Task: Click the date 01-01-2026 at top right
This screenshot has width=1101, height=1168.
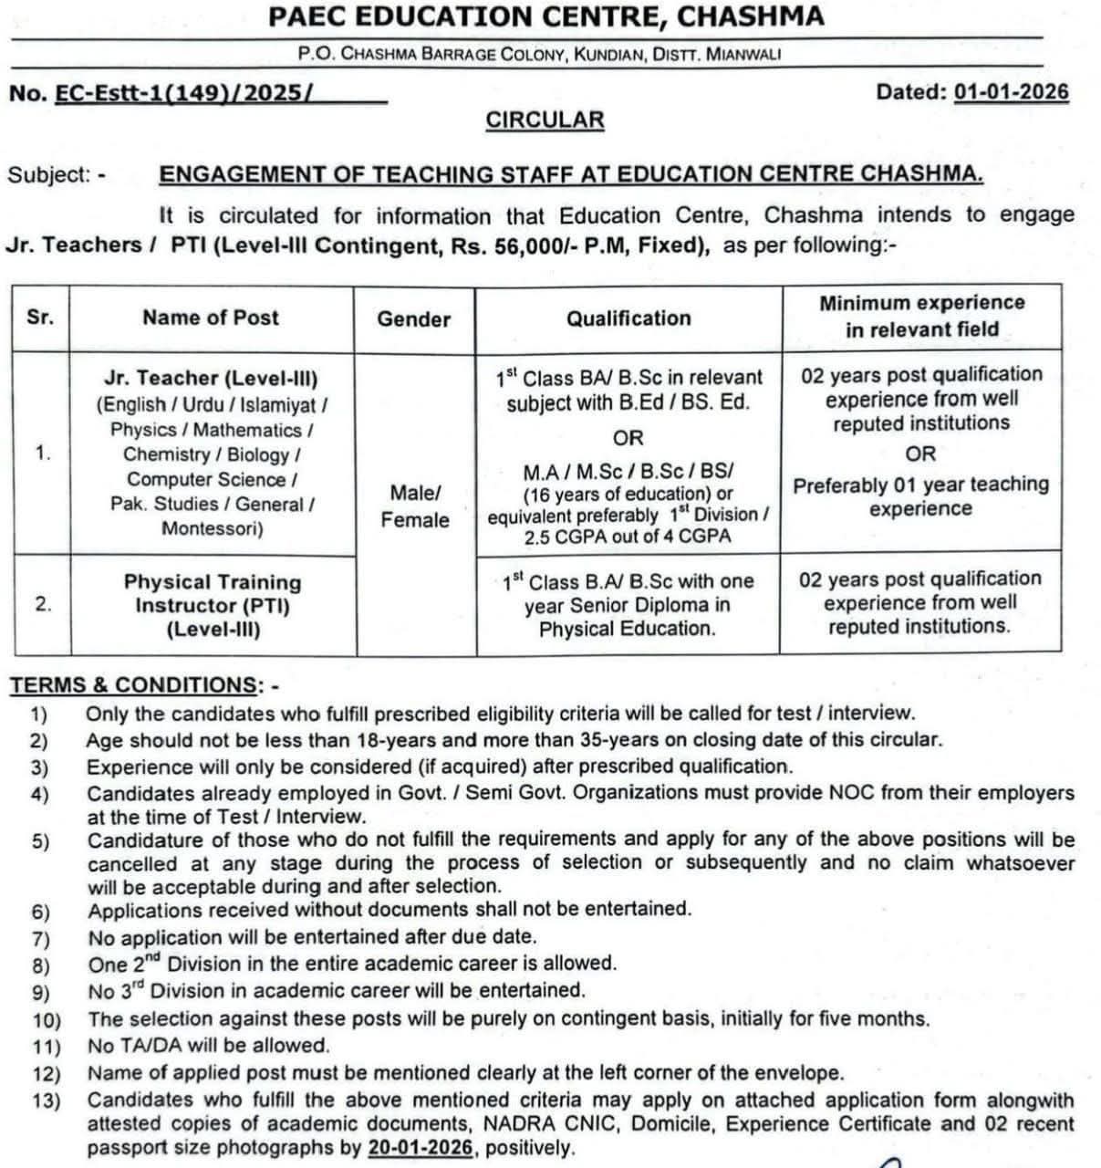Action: [1011, 92]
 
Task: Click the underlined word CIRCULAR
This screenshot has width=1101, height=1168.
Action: [545, 120]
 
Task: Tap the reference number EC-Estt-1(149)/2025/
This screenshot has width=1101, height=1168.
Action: [184, 93]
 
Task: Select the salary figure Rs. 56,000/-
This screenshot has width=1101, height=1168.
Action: [513, 245]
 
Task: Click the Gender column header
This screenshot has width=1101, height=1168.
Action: [414, 319]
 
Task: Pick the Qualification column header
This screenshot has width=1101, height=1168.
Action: [628, 318]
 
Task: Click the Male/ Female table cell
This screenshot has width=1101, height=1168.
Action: [415, 506]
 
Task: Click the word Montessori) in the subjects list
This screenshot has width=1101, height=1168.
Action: [213, 528]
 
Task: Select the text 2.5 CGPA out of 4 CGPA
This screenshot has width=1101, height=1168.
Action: [628, 537]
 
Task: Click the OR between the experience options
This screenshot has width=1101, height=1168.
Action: [920, 454]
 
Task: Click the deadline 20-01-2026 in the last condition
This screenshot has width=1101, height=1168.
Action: [421, 1148]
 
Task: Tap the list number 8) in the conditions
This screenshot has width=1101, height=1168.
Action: [40, 965]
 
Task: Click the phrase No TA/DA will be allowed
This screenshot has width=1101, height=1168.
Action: [209, 1046]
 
